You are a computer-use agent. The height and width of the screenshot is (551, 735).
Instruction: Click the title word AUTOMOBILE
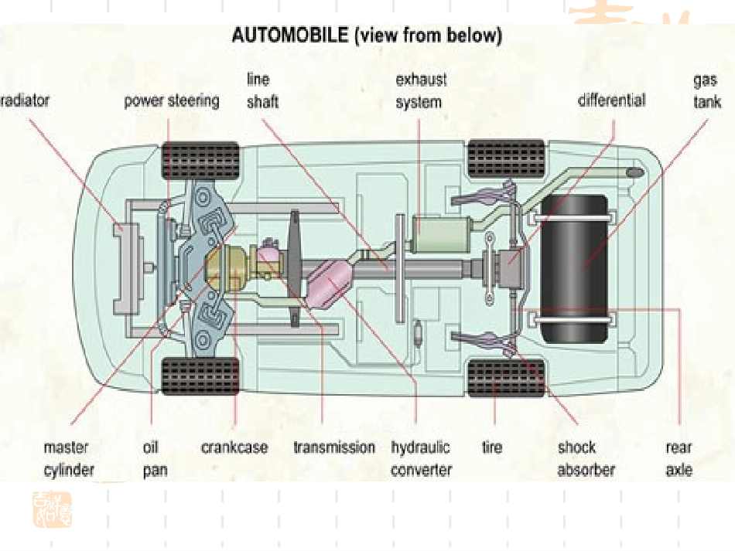point(289,35)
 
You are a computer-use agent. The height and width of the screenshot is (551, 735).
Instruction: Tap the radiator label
point(25,100)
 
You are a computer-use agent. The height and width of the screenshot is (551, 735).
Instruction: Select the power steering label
point(172,100)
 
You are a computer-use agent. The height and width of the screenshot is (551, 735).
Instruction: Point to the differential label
point(612,100)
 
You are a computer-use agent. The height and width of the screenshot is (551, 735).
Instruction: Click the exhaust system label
point(421,91)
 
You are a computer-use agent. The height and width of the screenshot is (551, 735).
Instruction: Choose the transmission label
point(334,447)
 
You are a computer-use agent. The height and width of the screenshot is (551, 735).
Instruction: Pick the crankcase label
point(234,447)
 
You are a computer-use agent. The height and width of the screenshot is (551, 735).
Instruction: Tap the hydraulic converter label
point(421,458)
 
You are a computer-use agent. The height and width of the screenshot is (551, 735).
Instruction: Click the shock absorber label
point(586,458)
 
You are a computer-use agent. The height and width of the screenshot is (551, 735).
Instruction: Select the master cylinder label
point(69,458)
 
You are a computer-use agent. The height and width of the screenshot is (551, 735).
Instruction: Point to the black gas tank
point(575,268)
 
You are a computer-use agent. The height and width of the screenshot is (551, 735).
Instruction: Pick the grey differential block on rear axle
point(509,268)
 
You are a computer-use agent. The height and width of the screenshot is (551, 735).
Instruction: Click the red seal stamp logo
point(52,510)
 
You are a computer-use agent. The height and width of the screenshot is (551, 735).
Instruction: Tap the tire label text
point(492,447)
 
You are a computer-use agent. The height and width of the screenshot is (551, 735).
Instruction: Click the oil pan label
point(155,458)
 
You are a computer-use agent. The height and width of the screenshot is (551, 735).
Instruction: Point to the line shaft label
point(262,90)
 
